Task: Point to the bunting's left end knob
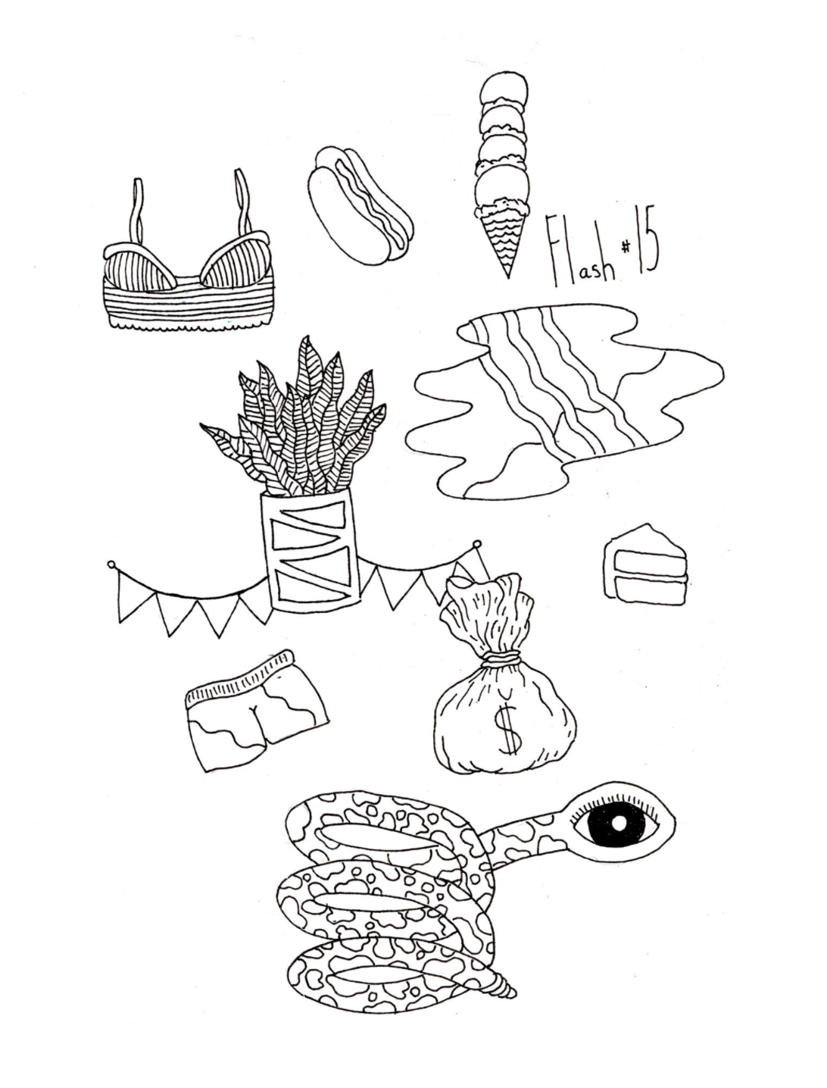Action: pos(111,564)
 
